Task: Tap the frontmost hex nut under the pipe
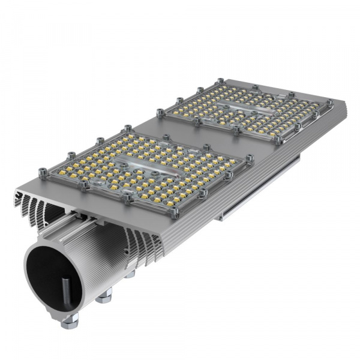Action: [70, 323]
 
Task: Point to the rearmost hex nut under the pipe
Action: [129, 275]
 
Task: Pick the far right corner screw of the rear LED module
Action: [329, 103]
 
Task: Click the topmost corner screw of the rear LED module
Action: [220, 80]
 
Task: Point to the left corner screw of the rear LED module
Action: [160, 112]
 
